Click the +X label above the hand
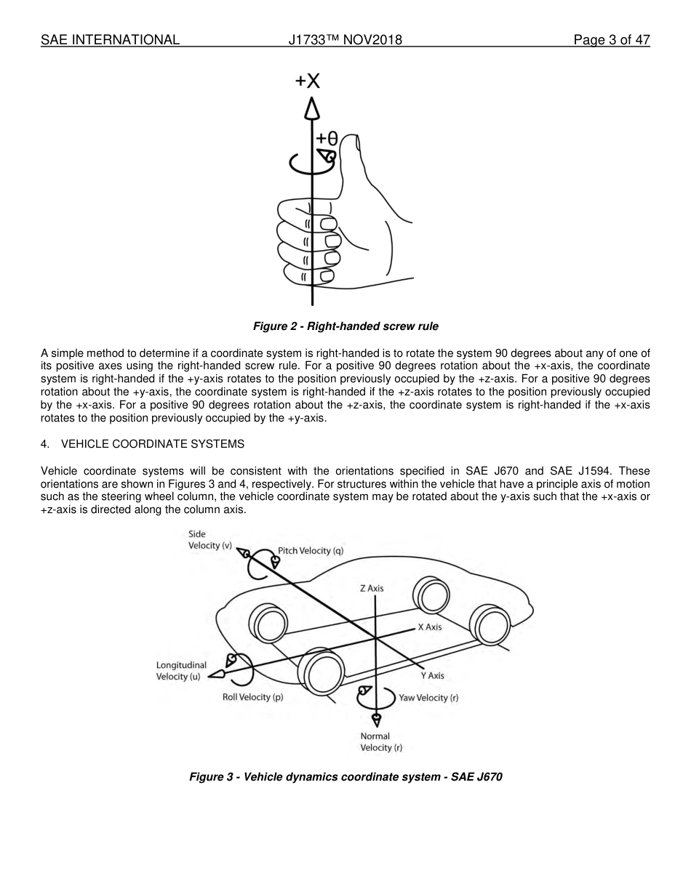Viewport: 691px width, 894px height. click(x=307, y=81)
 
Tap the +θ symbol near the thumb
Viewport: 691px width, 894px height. click(x=327, y=138)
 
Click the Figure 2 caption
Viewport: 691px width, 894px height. click(x=345, y=326)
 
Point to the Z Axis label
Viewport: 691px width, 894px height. click(x=372, y=588)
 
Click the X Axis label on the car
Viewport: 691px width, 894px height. click(x=429, y=627)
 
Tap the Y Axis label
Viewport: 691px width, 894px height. click(x=432, y=675)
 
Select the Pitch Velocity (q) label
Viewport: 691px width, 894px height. click(x=311, y=551)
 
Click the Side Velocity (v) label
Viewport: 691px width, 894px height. click(x=210, y=540)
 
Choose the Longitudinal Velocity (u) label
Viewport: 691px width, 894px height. click(x=181, y=670)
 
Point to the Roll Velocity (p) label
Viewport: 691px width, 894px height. click(x=252, y=697)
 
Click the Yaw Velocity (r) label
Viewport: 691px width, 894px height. click(x=428, y=698)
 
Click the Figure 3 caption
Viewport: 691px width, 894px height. click(x=345, y=777)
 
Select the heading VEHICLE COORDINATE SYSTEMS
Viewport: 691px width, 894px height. click(x=153, y=443)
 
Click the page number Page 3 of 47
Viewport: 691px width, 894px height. click(x=611, y=40)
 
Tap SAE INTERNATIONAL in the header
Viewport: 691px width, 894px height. click(x=110, y=40)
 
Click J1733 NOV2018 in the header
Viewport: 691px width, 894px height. click(x=345, y=40)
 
